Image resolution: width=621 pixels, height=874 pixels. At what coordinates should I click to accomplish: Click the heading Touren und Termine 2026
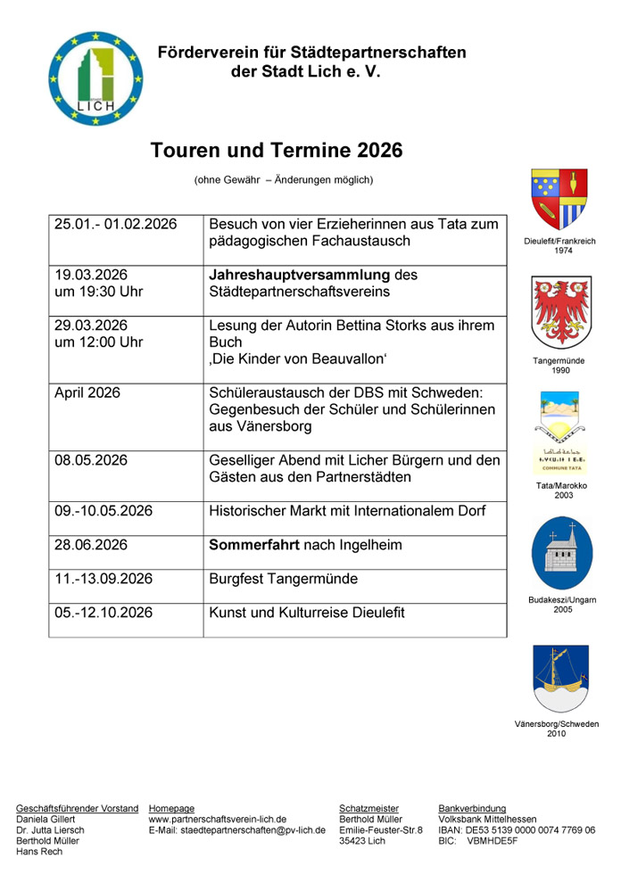coord(277,150)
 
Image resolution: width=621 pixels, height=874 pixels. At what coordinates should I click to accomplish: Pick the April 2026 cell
coord(87,392)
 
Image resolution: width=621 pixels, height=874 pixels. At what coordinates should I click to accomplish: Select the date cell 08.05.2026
coord(91,460)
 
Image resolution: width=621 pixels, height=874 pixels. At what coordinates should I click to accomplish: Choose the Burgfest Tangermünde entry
coord(283,579)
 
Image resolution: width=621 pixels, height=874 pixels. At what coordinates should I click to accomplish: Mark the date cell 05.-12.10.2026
coord(103,613)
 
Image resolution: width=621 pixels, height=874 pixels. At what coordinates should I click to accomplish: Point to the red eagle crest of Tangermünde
coord(559,311)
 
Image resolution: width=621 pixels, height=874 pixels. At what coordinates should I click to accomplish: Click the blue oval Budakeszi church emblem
coord(559,552)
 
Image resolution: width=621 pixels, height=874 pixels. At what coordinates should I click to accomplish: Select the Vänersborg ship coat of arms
coord(559,678)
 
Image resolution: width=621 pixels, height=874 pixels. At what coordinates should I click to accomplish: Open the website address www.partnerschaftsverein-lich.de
coord(217,819)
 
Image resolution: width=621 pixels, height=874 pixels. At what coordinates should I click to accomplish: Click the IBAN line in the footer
coord(517,829)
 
